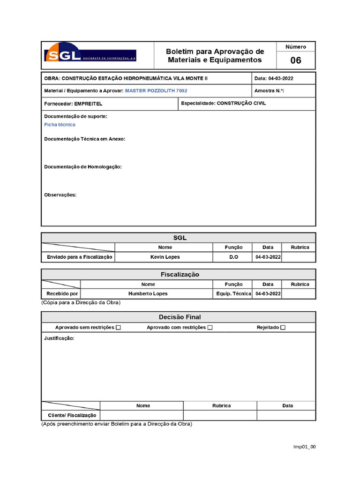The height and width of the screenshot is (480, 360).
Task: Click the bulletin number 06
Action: [x=296, y=60]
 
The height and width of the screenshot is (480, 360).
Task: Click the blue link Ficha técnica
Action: [x=60, y=125]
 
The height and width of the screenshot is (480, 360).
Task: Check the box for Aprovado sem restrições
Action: [x=118, y=328]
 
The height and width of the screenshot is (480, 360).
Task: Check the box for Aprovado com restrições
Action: [x=210, y=328]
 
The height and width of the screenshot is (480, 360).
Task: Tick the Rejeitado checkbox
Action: [x=283, y=328]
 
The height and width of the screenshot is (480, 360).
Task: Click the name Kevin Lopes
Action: [x=165, y=257]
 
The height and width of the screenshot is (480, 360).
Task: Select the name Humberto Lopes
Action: [x=148, y=294]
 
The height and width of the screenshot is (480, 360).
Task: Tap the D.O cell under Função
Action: [x=233, y=257]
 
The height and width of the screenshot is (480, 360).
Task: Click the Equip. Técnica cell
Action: [x=233, y=294]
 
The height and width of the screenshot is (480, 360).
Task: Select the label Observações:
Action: [x=60, y=195]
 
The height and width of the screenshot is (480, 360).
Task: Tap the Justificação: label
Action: [x=59, y=338]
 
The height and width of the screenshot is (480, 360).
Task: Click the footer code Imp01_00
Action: [x=304, y=447]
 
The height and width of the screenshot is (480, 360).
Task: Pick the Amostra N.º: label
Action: [x=269, y=91]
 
